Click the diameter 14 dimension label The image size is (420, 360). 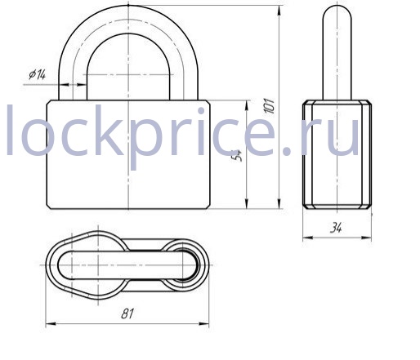(38, 74)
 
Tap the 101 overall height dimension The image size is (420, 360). (270, 105)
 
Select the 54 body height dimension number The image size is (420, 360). (238, 155)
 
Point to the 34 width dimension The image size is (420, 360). (336, 228)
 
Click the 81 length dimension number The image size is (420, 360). (127, 313)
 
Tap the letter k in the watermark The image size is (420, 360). (107, 130)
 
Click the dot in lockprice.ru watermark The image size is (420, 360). (287, 151)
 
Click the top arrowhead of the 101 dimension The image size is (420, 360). (279, 11)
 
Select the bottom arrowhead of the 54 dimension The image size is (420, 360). (247, 203)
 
